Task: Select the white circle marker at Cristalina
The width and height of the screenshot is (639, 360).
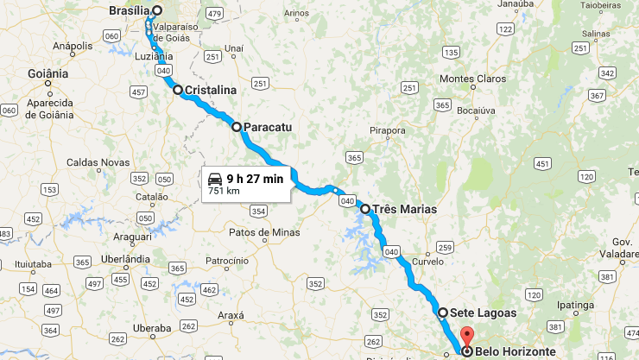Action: click(x=178, y=90)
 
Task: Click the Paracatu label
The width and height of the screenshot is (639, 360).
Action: click(x=269, y=127)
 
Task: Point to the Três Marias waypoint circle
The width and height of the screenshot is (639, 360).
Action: click(x=365, y=209)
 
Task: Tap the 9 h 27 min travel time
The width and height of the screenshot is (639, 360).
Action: click(x=255, y=179)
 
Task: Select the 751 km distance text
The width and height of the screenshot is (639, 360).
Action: click(x=222, y=191)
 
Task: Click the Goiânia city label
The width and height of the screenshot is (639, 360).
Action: click(x=47, y=74)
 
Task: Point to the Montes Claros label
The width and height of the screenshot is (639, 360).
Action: click(x=470, y=79)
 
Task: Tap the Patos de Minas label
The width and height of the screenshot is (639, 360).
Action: click(x=264, y=232)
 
